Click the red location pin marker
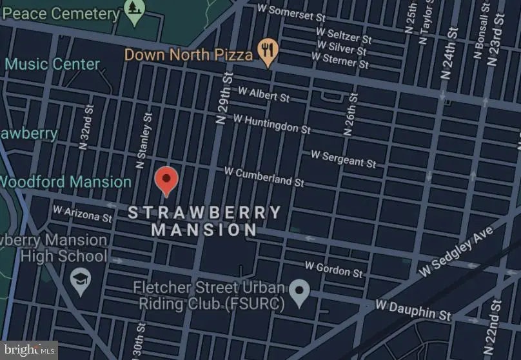167,180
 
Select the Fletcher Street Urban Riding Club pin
299,293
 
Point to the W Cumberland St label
264,176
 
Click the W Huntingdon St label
271,123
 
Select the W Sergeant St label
343,158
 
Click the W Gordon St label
334,269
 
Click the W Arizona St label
82,214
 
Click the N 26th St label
351,113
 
